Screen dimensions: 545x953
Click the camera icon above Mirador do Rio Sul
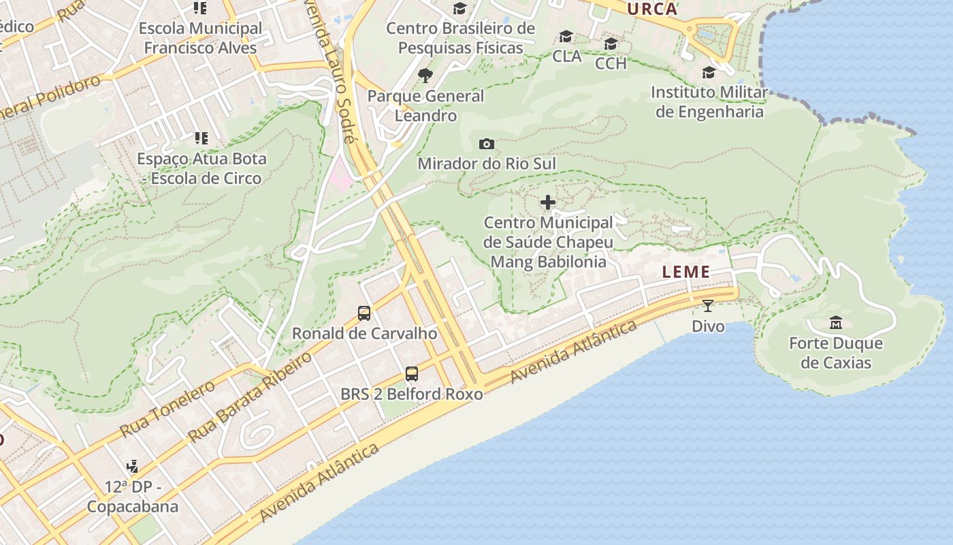[x=486, y=144]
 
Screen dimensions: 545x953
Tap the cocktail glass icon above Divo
[x=708, y=306]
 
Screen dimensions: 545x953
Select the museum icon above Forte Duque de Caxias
[x=835, y=322]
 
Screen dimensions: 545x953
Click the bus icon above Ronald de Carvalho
[x=364, y=313]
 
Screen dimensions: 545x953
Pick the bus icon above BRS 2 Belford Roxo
[x=411, y=373]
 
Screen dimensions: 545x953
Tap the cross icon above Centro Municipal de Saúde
[x=548, y=202]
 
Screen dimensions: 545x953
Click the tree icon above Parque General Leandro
[x=425, y=75]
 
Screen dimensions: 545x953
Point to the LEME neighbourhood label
[x=686, y=272]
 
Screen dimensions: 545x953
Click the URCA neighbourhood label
[x=652, y=9]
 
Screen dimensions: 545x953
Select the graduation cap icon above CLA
[x=566, y=37]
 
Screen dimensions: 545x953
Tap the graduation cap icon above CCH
[x=611, y=44]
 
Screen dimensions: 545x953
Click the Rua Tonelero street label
[x=167, y=409]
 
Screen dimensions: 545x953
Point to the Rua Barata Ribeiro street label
[x=250, y=396]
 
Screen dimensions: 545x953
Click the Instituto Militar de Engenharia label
[x=709, y=102]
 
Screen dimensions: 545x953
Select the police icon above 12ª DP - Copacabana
[x=133, y=467]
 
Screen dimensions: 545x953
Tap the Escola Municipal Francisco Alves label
[x=200, y=38]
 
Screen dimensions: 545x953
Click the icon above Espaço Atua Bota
[x=200, y=138]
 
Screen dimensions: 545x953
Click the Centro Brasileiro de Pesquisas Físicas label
[x=461, y=38]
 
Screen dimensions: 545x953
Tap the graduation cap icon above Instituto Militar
[x=709, y=72]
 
